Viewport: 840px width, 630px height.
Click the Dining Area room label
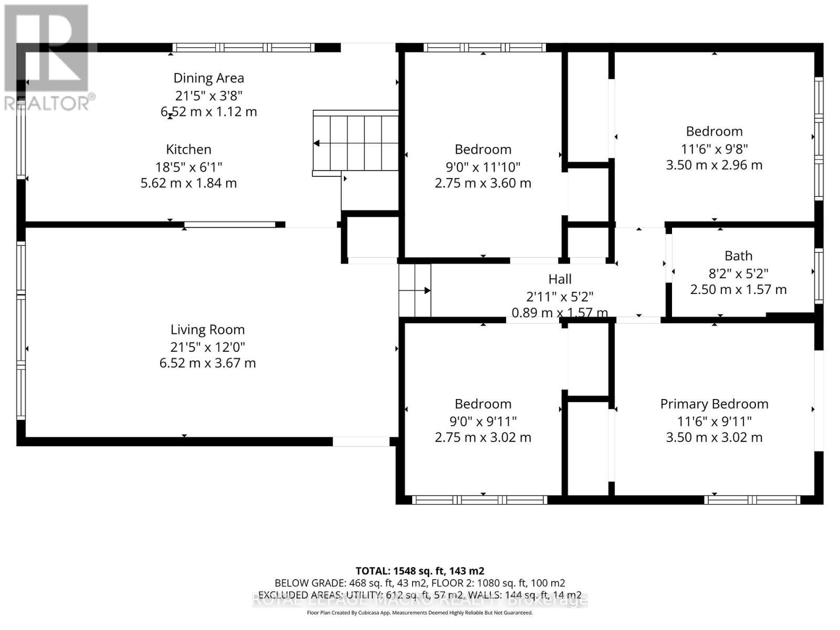coord(208,78)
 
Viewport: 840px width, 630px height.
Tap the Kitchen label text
coord(188,150)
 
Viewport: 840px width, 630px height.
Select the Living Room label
coord(207,330)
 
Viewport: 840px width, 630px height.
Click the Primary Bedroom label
coord(714,404)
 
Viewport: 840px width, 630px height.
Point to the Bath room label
coord(738,256)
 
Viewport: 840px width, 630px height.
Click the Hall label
coord(560,279)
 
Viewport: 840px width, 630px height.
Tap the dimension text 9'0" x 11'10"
coord(482,167)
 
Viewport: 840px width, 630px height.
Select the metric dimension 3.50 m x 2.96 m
coord(714,165)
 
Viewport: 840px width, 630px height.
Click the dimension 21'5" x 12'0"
coord(207,347)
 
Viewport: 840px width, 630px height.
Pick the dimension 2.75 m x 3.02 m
coord(482,437)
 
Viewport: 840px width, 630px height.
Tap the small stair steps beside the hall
coord(415,290)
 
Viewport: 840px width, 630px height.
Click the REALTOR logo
coord(47,58)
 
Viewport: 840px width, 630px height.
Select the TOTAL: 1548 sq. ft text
coord(419,571)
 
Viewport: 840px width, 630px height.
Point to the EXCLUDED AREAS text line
coord(419,595)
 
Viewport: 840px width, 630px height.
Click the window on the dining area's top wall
coord(244,48)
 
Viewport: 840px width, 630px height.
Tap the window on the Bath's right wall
coord(818,276)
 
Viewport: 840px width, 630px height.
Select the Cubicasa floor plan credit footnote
coord(419,613)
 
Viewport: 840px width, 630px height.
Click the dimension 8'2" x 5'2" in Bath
coord(738,274)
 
